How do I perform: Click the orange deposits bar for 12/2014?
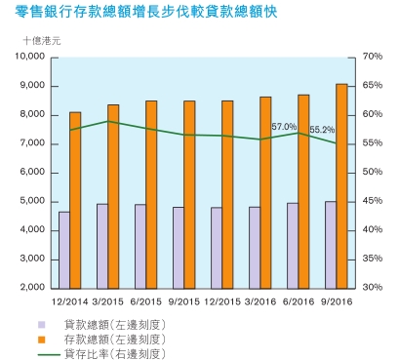tap(75, 200)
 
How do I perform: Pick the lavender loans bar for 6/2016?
tap(292, 246)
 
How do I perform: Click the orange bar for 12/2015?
tap(227, 194)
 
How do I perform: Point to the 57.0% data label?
tap(284, 127)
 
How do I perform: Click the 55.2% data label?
tap(322, 129)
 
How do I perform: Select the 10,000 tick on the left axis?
tap(29, 57)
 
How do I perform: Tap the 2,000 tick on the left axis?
tap(32, 288)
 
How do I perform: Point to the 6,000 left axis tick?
tap(32, 173)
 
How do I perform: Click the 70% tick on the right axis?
tap(372, 57)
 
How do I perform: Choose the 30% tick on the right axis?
tap(372, 288)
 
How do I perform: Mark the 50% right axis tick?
tap(372, 173)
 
